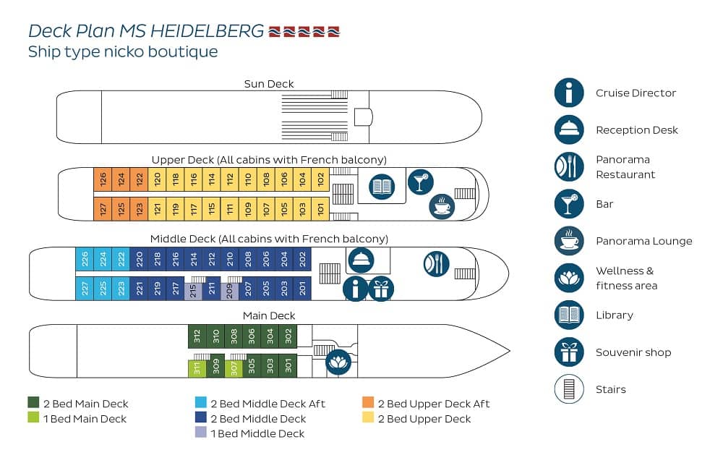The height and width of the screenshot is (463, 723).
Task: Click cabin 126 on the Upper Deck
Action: coord(103,179)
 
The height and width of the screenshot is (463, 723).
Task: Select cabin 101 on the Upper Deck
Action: coord(320,209)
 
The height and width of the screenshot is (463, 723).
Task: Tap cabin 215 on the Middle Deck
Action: coord(193,291)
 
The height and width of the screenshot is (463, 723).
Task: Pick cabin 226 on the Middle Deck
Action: coord(85,259)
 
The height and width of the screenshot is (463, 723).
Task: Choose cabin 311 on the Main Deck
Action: coord(197,368)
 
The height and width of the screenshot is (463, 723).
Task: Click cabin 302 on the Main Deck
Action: coord(288,336)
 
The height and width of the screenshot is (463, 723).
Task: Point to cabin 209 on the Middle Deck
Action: coord(230,291)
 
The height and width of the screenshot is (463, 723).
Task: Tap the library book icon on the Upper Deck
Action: coord(382,187)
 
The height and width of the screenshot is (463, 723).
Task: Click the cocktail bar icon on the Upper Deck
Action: coord(421,182)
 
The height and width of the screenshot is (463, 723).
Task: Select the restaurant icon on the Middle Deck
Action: coord(436,264)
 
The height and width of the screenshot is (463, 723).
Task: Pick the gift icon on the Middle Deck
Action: coord(381,289)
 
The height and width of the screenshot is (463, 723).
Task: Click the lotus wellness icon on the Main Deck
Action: coord(338,362)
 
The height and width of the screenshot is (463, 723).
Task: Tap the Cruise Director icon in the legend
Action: coord(569,93)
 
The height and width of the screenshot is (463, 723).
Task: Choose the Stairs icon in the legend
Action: coord(569,388)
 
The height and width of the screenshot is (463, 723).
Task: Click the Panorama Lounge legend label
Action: coord(643,241)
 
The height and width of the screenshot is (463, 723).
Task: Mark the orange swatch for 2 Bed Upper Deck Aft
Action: coord(368,402)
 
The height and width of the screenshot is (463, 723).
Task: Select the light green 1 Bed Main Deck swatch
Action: coord(33,417)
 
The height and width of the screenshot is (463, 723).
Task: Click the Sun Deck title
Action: coord(269,84)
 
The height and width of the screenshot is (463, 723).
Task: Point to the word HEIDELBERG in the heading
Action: coord(207,31)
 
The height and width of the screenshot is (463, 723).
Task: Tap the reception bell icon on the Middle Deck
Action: coord(361,260)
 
